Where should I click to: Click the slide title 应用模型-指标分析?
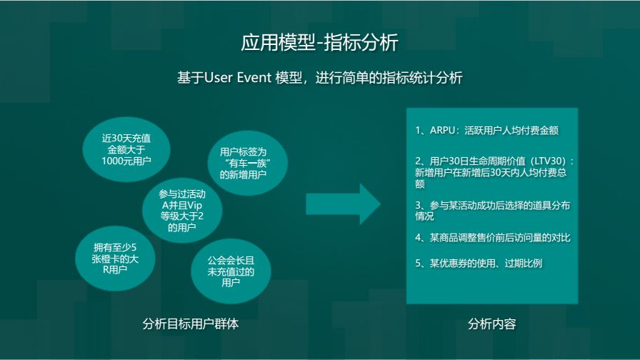319,43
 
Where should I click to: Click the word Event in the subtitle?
252,77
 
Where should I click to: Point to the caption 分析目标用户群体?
191,324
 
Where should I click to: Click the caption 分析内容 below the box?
491,324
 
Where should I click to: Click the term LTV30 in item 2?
546,161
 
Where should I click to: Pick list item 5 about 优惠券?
479,263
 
